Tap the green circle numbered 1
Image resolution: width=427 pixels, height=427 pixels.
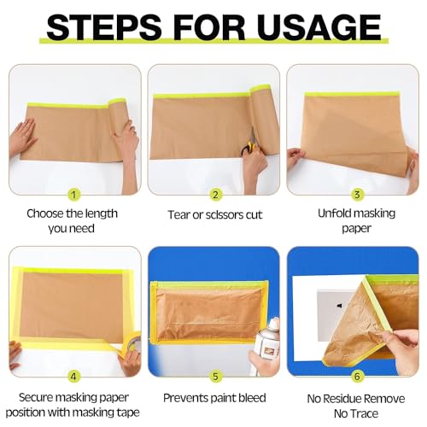[73, 194]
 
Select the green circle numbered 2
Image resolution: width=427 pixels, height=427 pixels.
[215, 194]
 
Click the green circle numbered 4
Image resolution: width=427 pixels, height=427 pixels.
[73, 374]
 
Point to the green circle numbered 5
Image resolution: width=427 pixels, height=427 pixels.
[215, 374]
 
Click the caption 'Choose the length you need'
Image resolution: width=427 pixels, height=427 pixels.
[73, 221]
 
